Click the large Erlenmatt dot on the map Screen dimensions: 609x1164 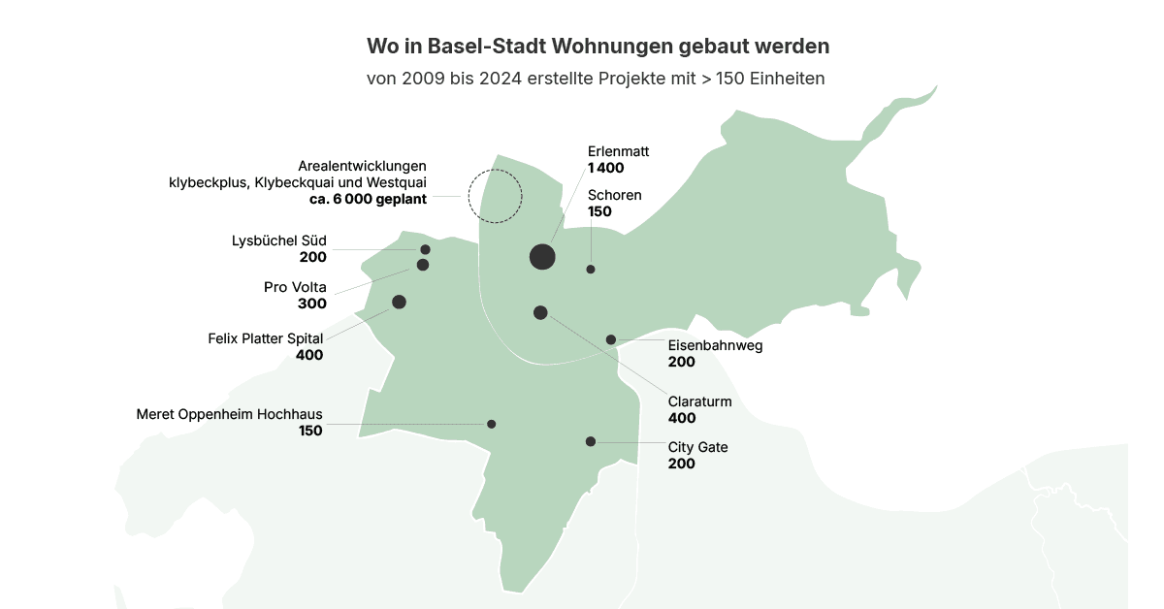(x=542, y=256)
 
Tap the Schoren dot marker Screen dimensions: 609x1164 (x=591, y=269)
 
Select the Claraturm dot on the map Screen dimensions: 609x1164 (x=540, y=312)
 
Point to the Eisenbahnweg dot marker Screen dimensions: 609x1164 (x=611, y=339)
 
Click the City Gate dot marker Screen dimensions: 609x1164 (x=591, y=441)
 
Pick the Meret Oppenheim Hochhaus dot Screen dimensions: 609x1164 (x=492, y=424)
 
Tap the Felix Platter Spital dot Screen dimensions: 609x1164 (x=399, y=302)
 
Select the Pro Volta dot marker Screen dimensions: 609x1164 (x=423, y=265)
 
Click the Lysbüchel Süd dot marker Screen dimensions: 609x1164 (x=425, y=249)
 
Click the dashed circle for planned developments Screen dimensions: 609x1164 (x=495, y=196)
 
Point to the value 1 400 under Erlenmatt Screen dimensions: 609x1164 (x=606, y=168)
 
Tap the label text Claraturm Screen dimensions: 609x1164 (x=699, y=401)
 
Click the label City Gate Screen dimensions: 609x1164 (x=697, y=447)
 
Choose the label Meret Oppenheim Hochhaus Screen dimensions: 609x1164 (x=229, y=414)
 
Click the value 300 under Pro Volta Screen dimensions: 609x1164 (x=312, y=304)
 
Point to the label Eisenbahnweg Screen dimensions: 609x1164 (x=715, y=345)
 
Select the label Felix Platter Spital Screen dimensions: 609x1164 (x=265, y=338)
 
